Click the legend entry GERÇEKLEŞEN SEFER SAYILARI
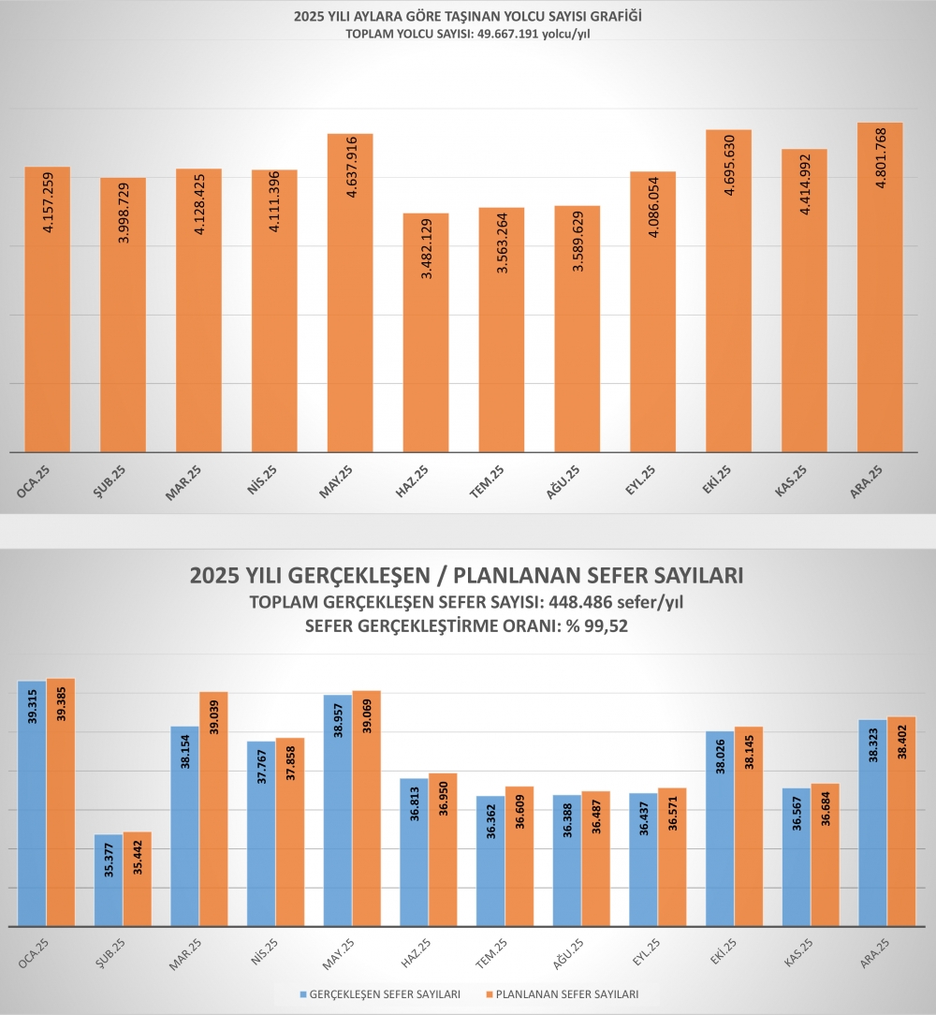[384, 994]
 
